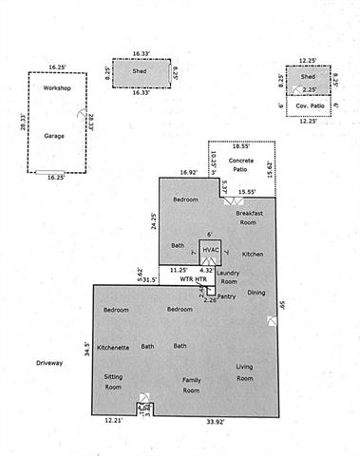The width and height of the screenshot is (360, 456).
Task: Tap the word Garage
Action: click(x=54, y=136)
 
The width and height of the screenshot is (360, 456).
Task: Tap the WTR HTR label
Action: click(x=195, y=280)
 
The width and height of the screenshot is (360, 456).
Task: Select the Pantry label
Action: click(x=226, y=297)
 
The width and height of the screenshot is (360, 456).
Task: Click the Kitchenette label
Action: click(x=113, y=346)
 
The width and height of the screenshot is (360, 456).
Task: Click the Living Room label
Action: click(x=244, y=372)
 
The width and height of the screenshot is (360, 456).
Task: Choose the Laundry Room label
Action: click(x=229, y=276)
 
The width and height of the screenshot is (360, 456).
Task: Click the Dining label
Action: click(x=256, y=292)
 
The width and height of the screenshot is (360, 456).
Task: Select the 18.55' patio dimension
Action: click(x=241, y=148)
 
